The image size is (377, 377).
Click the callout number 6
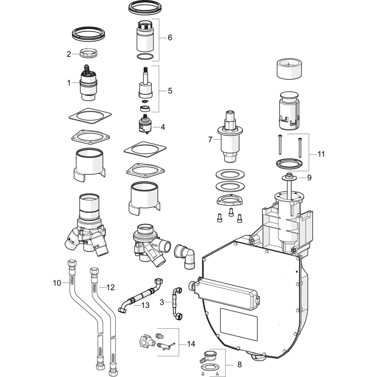[170, 38]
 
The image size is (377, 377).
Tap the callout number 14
[191, 344]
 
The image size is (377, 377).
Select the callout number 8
[240, 364]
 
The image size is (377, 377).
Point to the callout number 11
[321, 154]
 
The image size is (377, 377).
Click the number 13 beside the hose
[146, 305]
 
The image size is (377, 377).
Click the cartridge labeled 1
[88, 84]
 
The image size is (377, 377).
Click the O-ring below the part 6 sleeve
[145, 57]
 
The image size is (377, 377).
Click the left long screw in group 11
[280, 144]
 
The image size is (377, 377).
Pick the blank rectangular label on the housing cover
[239, 324]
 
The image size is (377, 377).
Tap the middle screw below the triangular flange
[230, 212]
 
